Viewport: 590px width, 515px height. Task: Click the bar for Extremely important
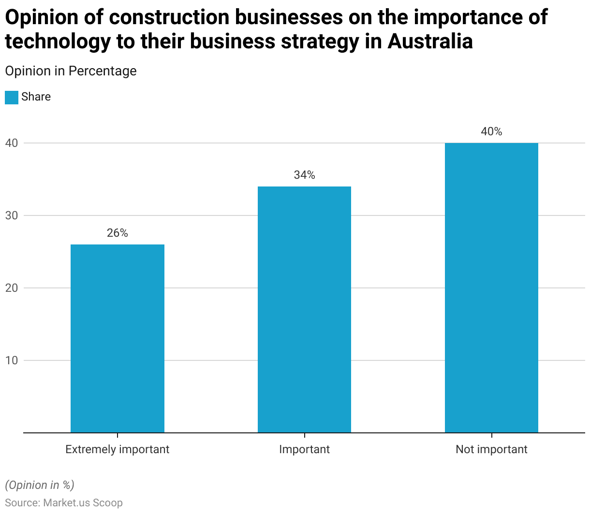click(118, 338)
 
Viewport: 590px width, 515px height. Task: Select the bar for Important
click(304, 309)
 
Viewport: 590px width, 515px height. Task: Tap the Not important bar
click(491, 287)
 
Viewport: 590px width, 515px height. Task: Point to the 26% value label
click(118, 233)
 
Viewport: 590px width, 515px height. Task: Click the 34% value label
click(304, 175)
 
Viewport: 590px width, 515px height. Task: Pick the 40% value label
click(491, 131)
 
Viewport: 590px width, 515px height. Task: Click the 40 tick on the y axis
click(12, 143)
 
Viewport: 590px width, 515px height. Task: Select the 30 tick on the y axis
click(12, 215)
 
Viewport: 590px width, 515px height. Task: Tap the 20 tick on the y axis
click(12, 288)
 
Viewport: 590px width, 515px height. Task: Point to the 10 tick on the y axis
click(12, 360)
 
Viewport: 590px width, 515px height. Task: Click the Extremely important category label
click(118, 449)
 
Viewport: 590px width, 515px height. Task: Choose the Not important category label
click(491, 449)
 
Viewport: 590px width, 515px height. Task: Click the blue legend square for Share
click(12, 97)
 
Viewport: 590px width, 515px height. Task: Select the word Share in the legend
click(36, 97)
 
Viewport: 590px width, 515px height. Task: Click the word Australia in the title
click(430, 41)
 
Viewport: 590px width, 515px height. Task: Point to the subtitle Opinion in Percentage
click(71, 71)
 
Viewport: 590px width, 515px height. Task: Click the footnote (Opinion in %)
click(40, 485)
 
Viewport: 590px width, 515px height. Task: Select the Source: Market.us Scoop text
click(64, 502)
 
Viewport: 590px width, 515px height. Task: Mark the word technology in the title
click(58, 41)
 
